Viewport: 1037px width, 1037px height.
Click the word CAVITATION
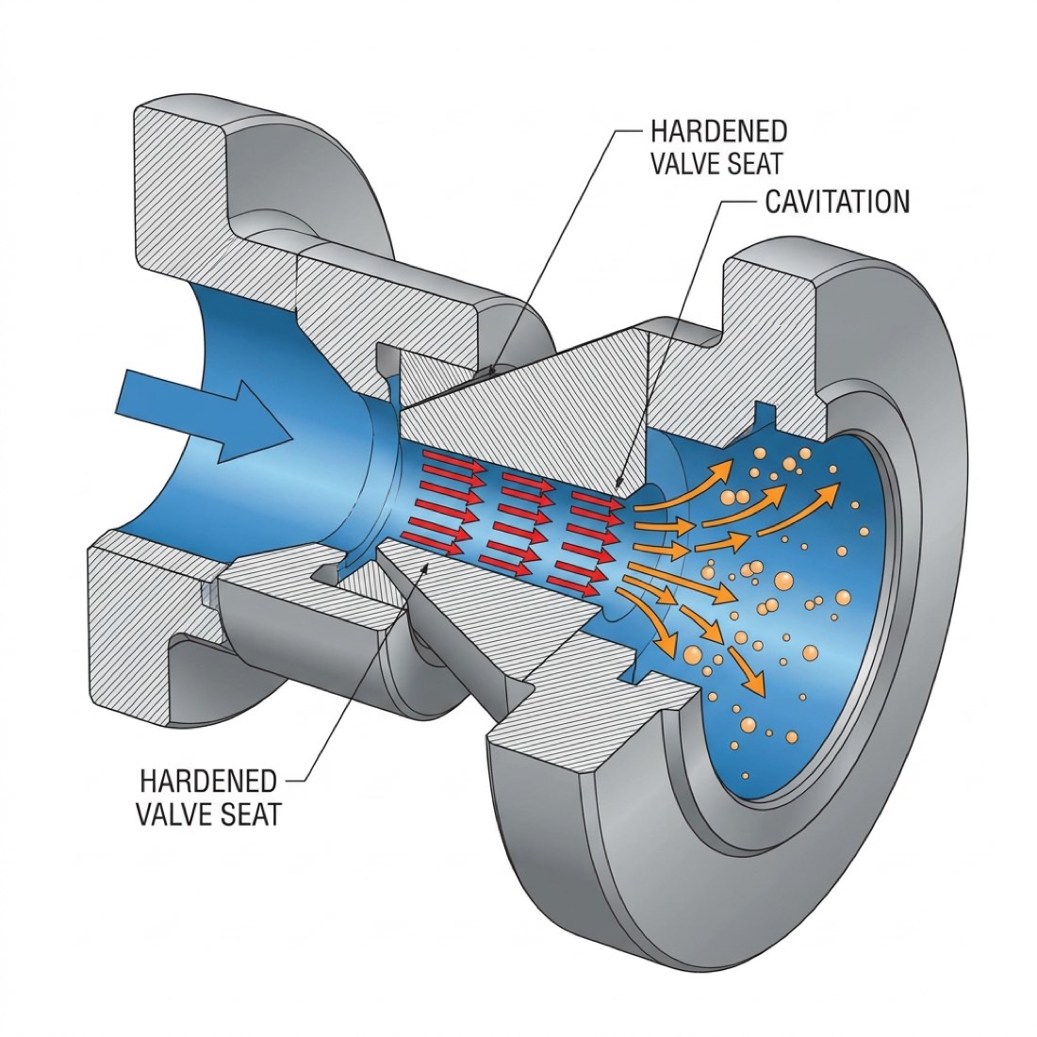click(837, 203)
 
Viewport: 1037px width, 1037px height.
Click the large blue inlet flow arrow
click(203, 415)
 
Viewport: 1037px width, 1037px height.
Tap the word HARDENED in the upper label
click(719, 131)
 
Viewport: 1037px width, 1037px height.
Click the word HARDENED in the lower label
click(207, 782)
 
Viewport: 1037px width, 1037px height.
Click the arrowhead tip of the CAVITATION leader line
click(616, 487)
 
